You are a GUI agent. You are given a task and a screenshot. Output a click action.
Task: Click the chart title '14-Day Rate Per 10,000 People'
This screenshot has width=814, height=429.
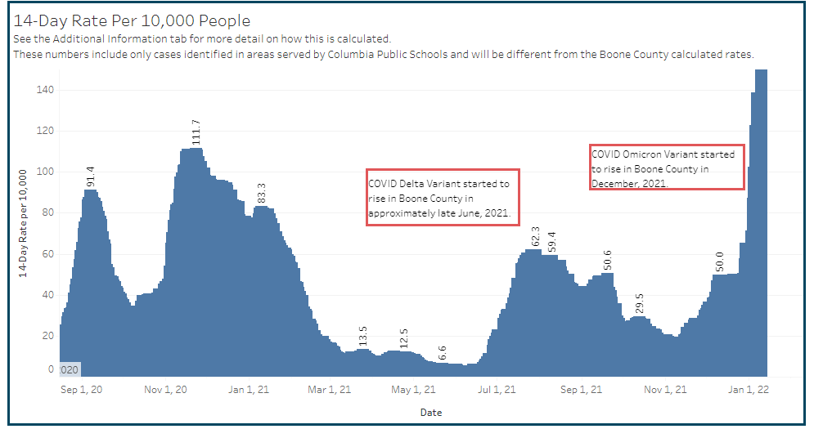click(132, 20)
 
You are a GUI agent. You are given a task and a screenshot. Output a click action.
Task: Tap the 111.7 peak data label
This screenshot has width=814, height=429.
click(196, 132)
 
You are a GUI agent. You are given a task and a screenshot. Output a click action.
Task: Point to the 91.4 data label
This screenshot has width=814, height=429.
click(91, 175)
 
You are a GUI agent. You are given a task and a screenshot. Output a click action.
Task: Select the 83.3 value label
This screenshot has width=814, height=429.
click(262, 192)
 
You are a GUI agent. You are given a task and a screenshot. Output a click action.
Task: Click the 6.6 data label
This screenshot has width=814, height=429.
click(443, 353)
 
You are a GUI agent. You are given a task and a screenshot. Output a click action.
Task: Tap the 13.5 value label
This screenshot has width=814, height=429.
click(363, 336)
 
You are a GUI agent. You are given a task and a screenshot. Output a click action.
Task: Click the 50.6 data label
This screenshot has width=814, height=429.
click(608, 259)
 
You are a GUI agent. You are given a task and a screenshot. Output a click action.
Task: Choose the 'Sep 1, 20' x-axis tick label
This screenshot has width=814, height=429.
click(83, 390)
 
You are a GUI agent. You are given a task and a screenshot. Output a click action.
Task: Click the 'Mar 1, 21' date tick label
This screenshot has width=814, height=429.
click(331, 390)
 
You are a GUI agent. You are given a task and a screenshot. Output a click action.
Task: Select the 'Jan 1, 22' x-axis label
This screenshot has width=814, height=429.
click(748, 390)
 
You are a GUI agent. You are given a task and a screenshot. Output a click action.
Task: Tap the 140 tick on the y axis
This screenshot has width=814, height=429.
click(44, 89)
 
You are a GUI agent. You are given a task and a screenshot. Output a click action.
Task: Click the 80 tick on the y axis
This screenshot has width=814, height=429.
click(47, 212)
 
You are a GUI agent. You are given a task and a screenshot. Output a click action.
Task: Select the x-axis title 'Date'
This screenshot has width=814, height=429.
click(431, 413)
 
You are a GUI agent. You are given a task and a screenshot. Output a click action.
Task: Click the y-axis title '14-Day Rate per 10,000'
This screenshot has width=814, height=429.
click(24, 223)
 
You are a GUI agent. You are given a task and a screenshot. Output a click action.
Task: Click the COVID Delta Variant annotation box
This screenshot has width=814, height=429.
click(443, 198)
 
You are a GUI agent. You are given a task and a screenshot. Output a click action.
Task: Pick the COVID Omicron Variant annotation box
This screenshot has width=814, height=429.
click(667, 168)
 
